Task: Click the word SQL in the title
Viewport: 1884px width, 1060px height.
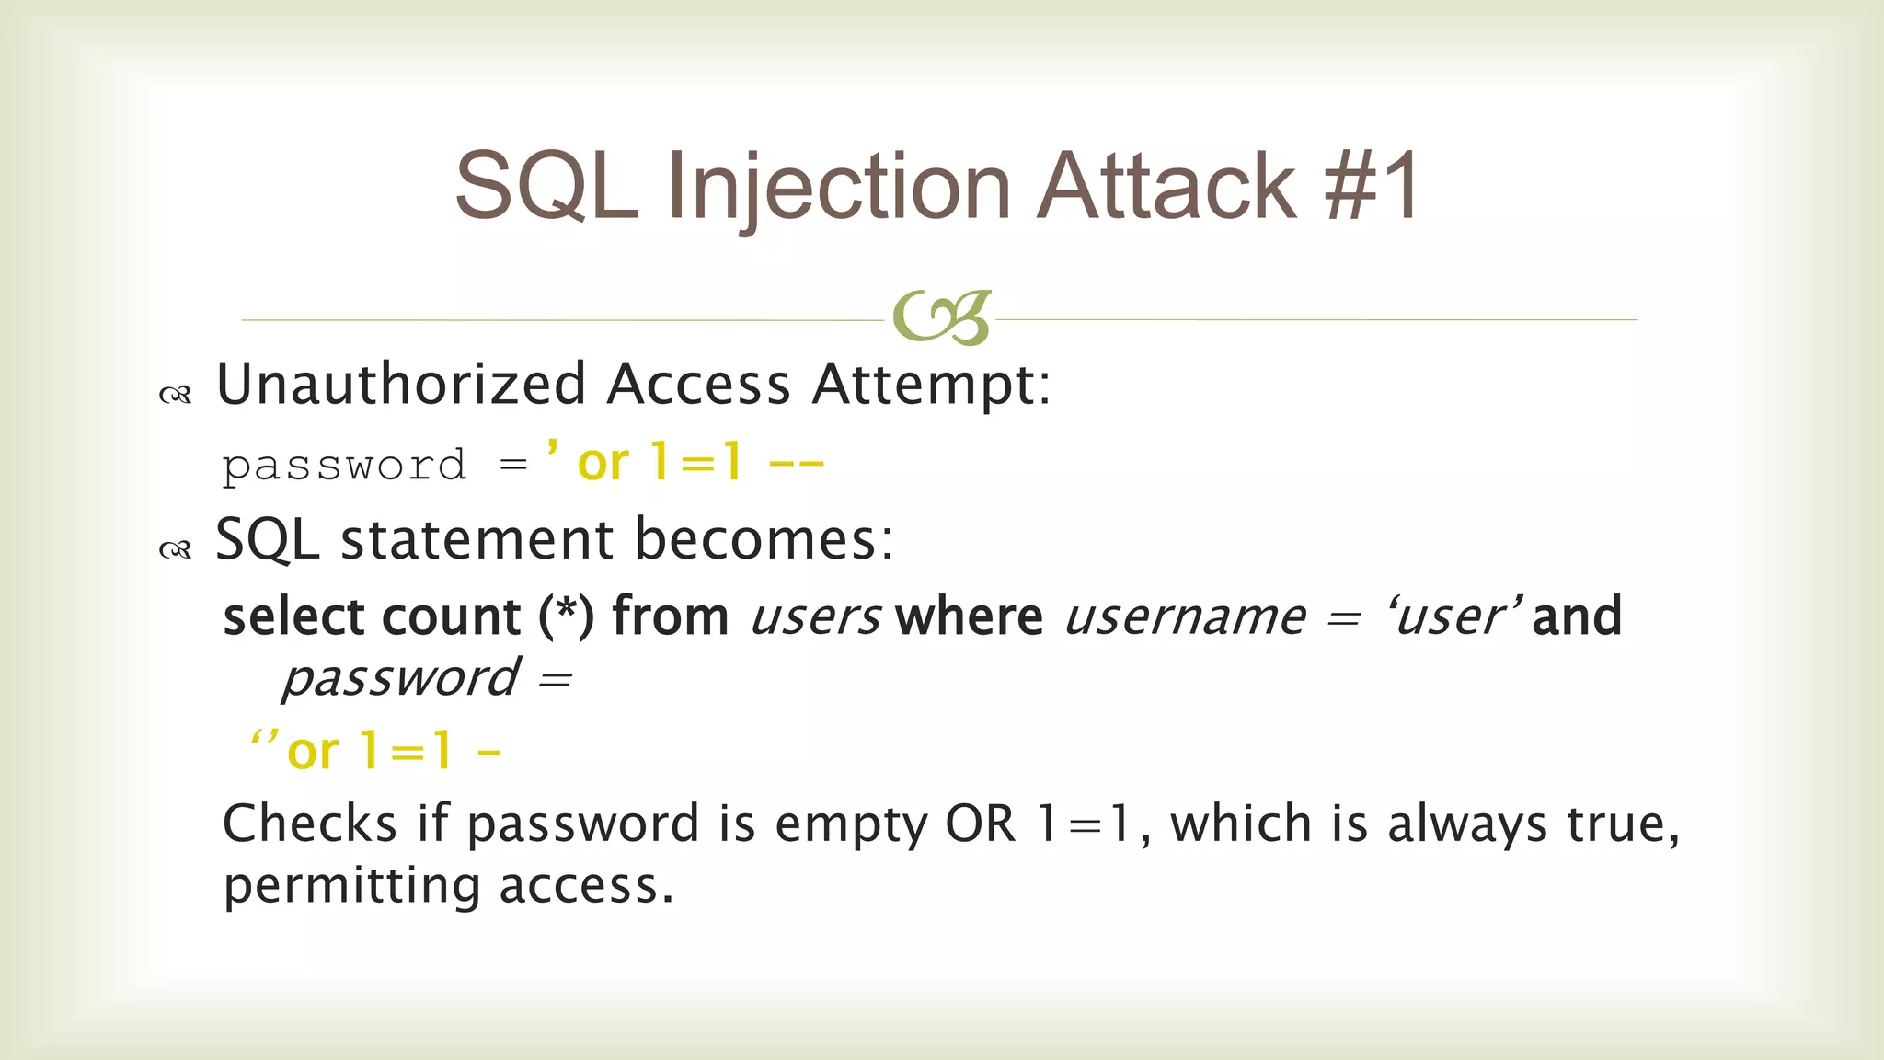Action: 546,188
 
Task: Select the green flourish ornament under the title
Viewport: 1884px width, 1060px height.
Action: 941,318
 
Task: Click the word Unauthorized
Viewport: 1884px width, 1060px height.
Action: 401,385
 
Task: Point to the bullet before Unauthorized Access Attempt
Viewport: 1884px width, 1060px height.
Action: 175,396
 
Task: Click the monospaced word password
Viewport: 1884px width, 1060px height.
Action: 344,466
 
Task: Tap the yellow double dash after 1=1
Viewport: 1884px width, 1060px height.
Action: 797,465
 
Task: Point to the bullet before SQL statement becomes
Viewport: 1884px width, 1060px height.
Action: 175,550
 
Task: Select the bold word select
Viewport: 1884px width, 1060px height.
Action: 293,617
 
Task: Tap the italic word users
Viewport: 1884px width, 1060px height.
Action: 816,617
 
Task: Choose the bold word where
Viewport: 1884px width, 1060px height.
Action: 970,616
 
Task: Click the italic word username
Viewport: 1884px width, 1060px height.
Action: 1185,617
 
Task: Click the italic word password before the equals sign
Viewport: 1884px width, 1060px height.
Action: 401,680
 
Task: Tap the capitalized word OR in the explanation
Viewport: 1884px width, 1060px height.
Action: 980,824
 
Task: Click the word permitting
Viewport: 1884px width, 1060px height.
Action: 352,887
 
